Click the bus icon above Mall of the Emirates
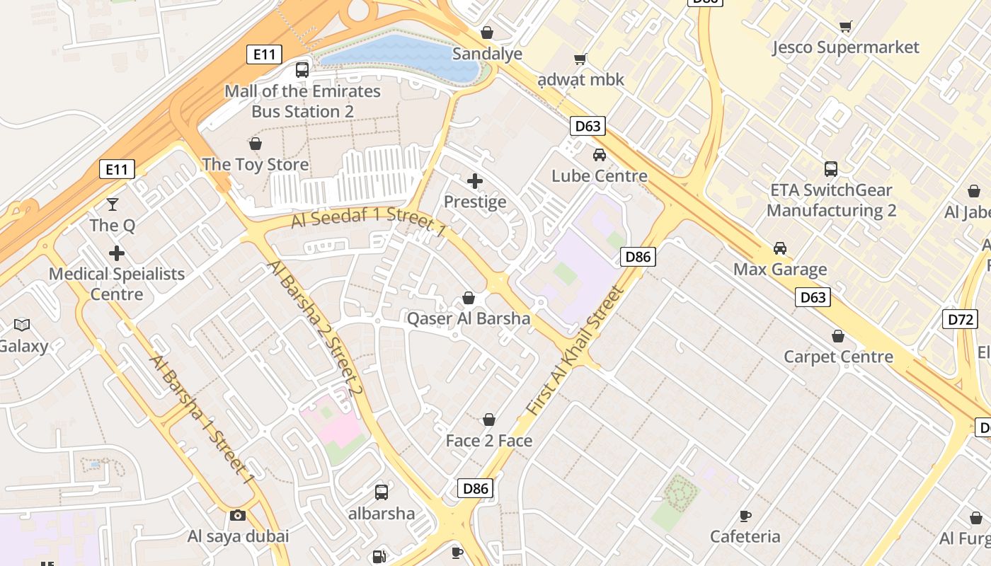pos(302,70)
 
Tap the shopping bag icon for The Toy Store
pos(256,144)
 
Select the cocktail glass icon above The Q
pos(112,204)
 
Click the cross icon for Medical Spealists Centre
pos(117,253)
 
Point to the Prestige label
pos(475,202)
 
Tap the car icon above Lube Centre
pos(600,155)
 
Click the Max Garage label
pos(780,270)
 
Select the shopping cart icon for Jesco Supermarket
pos(845,27)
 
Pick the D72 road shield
pos(960,318)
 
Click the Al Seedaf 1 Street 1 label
pos(369,221)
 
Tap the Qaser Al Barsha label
pos(468,318)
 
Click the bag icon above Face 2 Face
pos(488,420)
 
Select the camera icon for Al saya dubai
pos(238,515)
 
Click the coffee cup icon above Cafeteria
pos(745,516)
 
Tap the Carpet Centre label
pos(838,357)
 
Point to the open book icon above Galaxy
pos(22,325)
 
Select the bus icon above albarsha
pos(382,492)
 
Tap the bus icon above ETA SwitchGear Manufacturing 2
pos(831,169)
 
